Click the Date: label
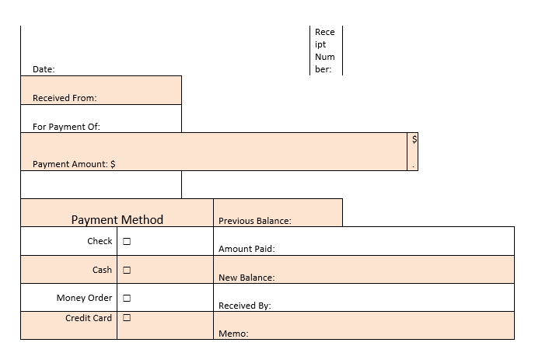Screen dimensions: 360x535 point(44,70)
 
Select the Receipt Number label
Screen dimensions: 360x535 point(325,51)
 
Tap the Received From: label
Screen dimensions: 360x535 point(65,99)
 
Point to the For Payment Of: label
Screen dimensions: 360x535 point(66,127)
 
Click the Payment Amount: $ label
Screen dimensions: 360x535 point(74,164)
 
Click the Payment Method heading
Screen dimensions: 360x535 point(117,220)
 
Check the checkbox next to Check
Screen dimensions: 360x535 point(127,241)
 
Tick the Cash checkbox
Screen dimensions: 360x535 point(127,270)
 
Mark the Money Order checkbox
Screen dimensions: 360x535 point(127,298)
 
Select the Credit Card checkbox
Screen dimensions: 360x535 point(127,318)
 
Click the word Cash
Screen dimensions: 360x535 point(102,270)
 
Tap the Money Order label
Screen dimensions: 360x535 point(84,298)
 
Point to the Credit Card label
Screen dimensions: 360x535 point(89,318)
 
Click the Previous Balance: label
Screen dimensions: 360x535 point(255,221)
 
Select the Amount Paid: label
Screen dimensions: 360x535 point(247,250)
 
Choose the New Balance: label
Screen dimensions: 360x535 point(247,278)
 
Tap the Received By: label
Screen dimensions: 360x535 point(244,306)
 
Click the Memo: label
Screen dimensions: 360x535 point(233,334)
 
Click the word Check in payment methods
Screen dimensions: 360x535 point(100,241)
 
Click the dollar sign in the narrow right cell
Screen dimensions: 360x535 point(414,139)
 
